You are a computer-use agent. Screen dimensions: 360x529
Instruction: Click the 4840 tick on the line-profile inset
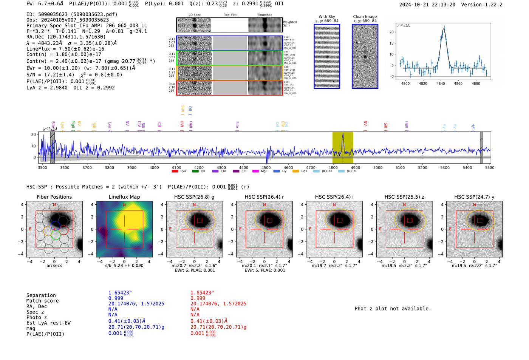441,83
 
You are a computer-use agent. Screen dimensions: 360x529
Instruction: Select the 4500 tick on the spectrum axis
266,167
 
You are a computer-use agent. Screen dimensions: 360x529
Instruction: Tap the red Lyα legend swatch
175,171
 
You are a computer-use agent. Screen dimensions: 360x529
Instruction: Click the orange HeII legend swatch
295,171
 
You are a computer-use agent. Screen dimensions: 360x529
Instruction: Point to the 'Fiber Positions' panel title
54,197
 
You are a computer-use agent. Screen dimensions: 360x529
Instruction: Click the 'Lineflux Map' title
124,197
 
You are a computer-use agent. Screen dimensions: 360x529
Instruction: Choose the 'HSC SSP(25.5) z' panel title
404,197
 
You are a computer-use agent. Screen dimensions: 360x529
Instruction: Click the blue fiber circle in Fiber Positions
56,226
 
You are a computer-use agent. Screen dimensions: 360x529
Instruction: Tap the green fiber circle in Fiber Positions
56,236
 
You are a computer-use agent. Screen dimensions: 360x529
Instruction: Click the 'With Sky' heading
327,17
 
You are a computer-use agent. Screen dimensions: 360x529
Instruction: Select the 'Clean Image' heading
365,17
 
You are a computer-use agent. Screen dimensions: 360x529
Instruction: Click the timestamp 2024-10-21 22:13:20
427,5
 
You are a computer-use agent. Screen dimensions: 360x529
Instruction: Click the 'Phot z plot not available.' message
393,309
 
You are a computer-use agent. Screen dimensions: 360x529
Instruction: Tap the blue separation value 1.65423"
120,293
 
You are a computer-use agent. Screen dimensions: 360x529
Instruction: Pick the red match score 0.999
197,298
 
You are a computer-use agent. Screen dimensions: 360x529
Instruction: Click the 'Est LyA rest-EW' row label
48,323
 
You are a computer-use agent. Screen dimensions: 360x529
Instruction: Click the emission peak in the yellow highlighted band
343,134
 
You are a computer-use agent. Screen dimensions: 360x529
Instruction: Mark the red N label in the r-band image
264,205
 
